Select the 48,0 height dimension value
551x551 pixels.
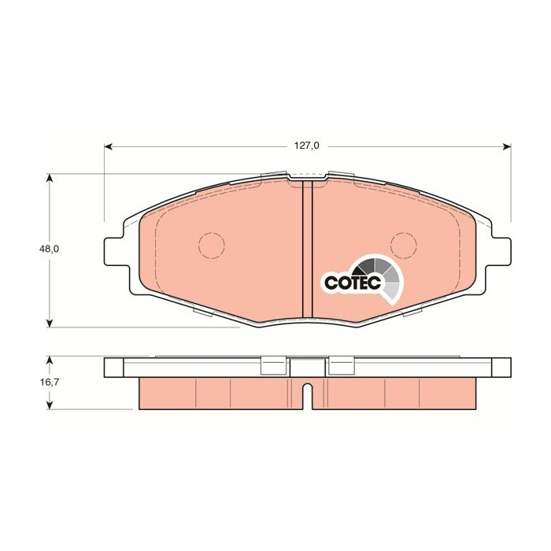coord(50,249)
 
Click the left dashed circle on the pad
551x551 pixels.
coord(211,246)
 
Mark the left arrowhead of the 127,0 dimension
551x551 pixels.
coord(109,146)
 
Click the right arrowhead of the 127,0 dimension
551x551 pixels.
coord(508,146)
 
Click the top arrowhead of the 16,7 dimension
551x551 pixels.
coord(50,358)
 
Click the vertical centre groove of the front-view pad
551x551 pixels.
coord(309,252)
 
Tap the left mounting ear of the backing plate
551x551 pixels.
coord(115,250)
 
